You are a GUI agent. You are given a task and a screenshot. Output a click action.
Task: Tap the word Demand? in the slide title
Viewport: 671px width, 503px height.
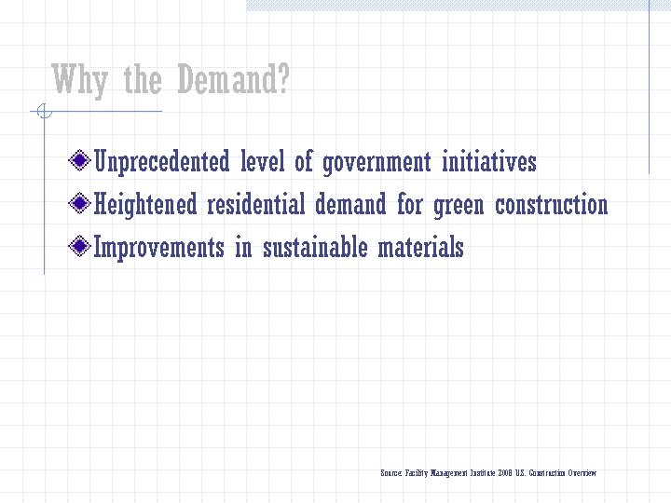tap(232, 81)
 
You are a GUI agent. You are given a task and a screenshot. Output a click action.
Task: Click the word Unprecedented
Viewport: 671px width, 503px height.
tap(162, 162)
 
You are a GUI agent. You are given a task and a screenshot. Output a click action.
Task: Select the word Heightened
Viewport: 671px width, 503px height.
tap(146, 204)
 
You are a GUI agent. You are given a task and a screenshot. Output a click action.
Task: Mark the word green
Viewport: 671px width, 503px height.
tap(459, 206)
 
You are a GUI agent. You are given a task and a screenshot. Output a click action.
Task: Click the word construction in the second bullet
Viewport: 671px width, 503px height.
tap(551, 204)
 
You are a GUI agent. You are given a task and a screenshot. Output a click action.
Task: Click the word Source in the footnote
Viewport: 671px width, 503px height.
tap(391, 473)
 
